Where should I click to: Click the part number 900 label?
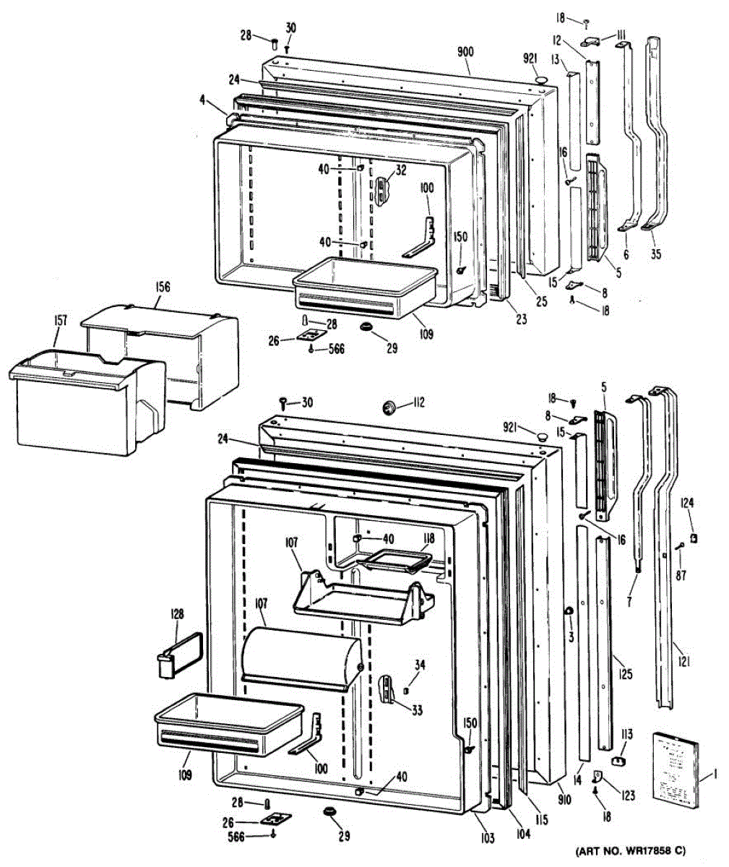tap(467, 51)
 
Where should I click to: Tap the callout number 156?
tap(161, 287)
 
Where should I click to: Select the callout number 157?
tap(60, 338)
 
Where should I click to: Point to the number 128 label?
tap(176, 614)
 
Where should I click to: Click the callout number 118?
tap(428, 538)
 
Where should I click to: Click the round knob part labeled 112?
tap(390, 409)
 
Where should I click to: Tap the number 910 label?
tap(565, 799)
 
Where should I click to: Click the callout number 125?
tap(626, 675)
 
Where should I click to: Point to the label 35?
tap(655, 254)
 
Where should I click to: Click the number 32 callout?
tap(400, 171)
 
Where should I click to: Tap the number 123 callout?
tap(626, 796)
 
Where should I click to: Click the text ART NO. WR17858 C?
tap(630, 851)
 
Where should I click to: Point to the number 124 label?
tap(687, 503)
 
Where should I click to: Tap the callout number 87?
tap(681, 575)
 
